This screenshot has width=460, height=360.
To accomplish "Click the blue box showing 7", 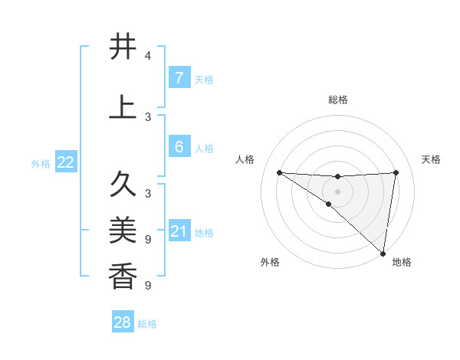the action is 179,77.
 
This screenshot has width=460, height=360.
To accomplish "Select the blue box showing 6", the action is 179,147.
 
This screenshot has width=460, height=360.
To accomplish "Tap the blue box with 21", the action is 179,231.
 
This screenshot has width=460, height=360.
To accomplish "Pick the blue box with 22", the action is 65,162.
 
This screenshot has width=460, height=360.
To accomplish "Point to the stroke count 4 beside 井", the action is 148,55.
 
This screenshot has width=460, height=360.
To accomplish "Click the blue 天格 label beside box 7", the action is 204,79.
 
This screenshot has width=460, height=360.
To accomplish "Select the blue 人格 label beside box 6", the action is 204,148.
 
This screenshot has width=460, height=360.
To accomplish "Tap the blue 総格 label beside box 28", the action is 147,324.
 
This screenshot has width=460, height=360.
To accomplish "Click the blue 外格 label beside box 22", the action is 41,163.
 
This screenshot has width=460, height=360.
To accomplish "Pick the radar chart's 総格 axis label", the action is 337,100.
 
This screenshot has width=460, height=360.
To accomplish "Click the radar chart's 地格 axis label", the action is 402,262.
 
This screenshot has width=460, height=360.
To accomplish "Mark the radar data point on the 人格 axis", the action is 279,172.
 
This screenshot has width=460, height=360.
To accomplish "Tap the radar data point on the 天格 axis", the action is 396,172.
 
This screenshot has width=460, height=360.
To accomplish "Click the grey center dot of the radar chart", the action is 337,191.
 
